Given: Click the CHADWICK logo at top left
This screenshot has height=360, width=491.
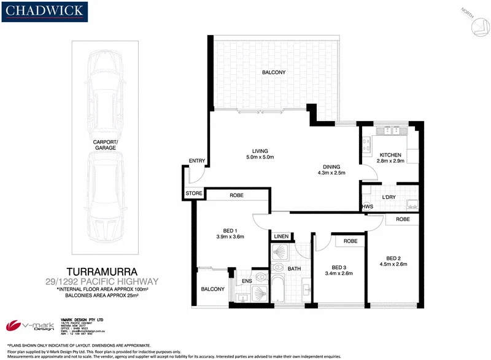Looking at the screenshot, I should point(47,12).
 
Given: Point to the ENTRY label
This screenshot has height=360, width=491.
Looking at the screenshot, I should point(196,161).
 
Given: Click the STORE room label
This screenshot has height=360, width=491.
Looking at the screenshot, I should point(193,194).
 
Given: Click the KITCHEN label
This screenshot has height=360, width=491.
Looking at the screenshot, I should point(390,155).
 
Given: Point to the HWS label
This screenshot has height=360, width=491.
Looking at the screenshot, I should point(367,206).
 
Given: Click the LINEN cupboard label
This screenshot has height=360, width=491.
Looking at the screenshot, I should point(281,236).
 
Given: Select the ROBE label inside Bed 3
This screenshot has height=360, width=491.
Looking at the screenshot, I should point(350,241).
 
